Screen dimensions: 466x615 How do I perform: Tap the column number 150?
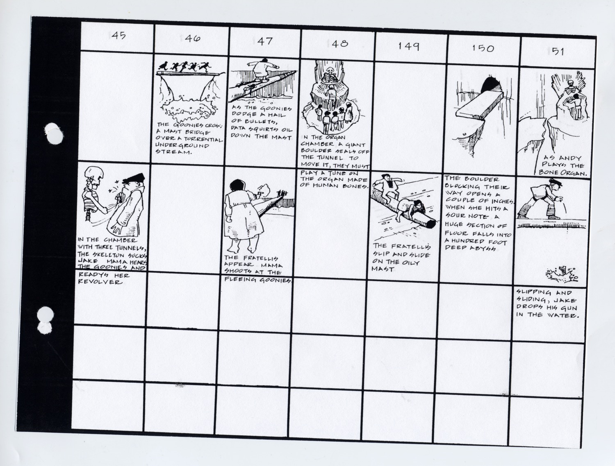coord(483,48)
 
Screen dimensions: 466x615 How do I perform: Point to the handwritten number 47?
coord(265,41)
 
